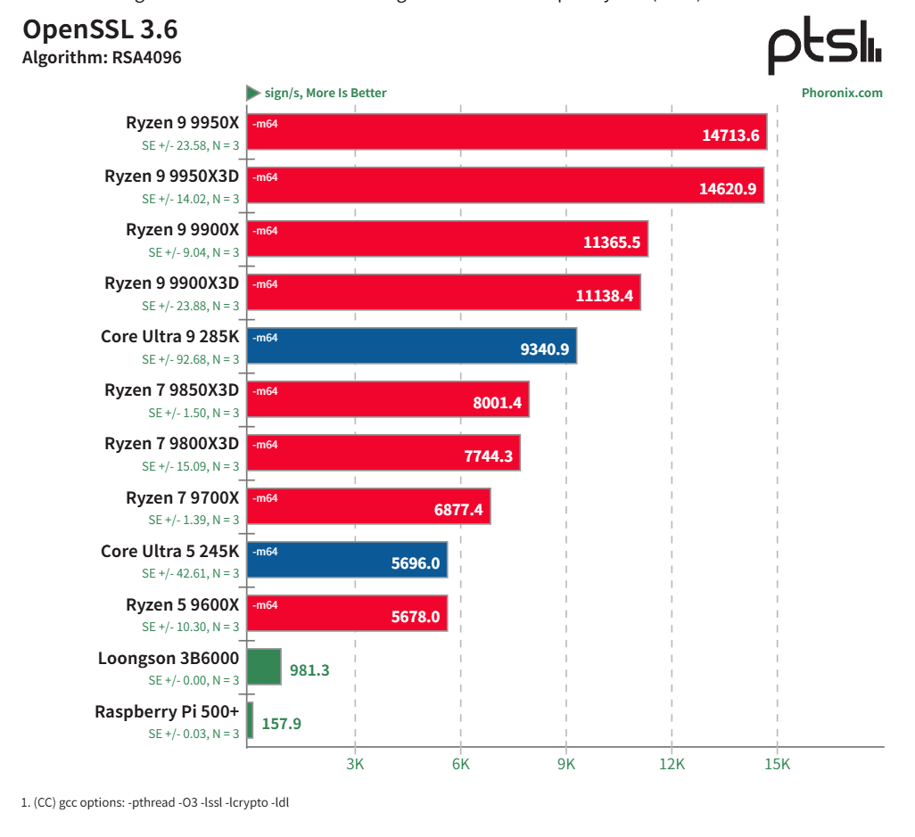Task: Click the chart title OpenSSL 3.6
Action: [100, 30]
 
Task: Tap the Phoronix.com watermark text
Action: [841, 93]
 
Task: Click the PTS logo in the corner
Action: [824, 50]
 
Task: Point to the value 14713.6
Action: [730, 135]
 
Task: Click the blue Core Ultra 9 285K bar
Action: [411, 346]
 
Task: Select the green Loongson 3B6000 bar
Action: [264, 667]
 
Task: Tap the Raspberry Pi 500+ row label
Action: [167, 711]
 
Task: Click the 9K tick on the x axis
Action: [566, 764]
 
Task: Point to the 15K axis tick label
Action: [777, 764]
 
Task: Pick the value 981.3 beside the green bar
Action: [309, 670]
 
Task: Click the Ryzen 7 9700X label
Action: [183, 497]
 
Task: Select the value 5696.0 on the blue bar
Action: [416, 563]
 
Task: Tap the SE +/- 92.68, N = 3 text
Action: [191, 359]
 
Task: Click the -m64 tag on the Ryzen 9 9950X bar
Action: [266, 124]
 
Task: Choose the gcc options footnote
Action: [155, 802]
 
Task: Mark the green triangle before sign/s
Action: [253, 93]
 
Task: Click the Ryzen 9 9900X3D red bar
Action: [443, 292]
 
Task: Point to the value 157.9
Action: [281, 724]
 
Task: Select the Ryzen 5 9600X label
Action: [183, 604]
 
